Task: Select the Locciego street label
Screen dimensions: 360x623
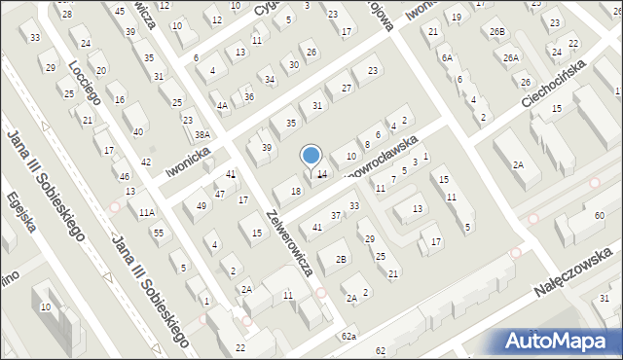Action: pyautogui.click(x=87, y=89)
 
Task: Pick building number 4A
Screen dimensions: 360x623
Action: pyautogui.click(x=222, y=105)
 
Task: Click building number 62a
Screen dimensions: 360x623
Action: pyautogui.click(x=348, y=337)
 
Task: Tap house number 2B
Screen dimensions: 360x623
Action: pyautogui.click(x=341, y=259)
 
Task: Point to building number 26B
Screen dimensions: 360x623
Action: pyautogui.click(x=498, y=32)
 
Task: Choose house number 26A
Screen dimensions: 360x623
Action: pyautogui.click(x=511, y=57)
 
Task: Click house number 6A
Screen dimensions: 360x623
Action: pyautogui.click(x=447, y=58)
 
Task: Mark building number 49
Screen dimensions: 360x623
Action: pyautogui.click(x=202, y=205)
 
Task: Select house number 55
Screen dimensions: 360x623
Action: pyautogui.click(x=158, y=233)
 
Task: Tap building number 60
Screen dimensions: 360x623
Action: pyautogui.click(x=599, y=214)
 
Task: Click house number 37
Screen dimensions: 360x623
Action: pyautogui.click(x=336, y=215)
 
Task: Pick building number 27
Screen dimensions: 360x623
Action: pyautogui.click(x=346, y=89)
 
